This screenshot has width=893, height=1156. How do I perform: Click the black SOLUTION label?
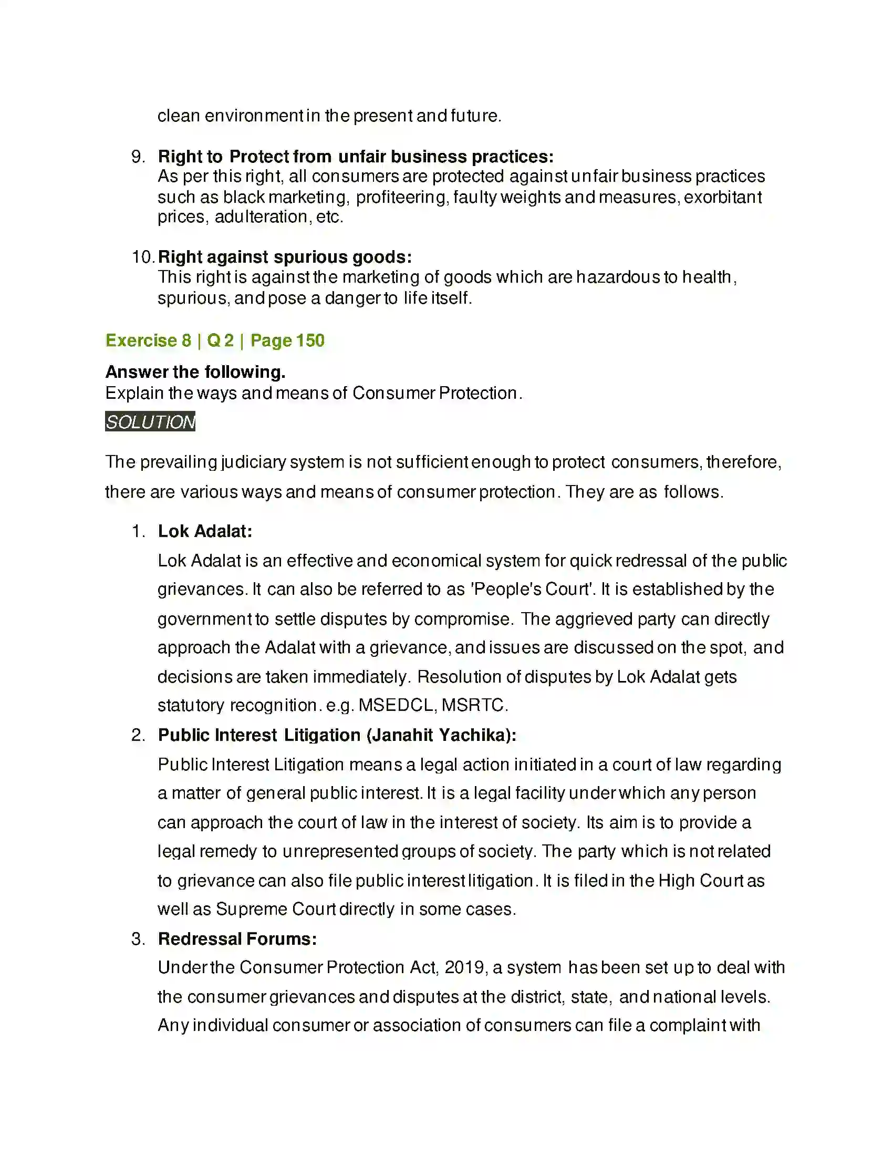(150, 422)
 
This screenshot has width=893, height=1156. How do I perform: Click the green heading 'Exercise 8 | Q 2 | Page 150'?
(215, 340)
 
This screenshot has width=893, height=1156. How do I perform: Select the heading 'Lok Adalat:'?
(205, 531)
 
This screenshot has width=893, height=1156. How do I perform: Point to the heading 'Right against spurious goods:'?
(285, 257)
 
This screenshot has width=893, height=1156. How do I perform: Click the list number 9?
(138, 157)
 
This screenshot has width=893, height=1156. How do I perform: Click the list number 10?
(143, 257)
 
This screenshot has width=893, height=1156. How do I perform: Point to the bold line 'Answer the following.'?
(195, 372)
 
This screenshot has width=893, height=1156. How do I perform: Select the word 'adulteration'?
(261, 217)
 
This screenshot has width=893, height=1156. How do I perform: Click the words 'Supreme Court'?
(276, 910)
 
